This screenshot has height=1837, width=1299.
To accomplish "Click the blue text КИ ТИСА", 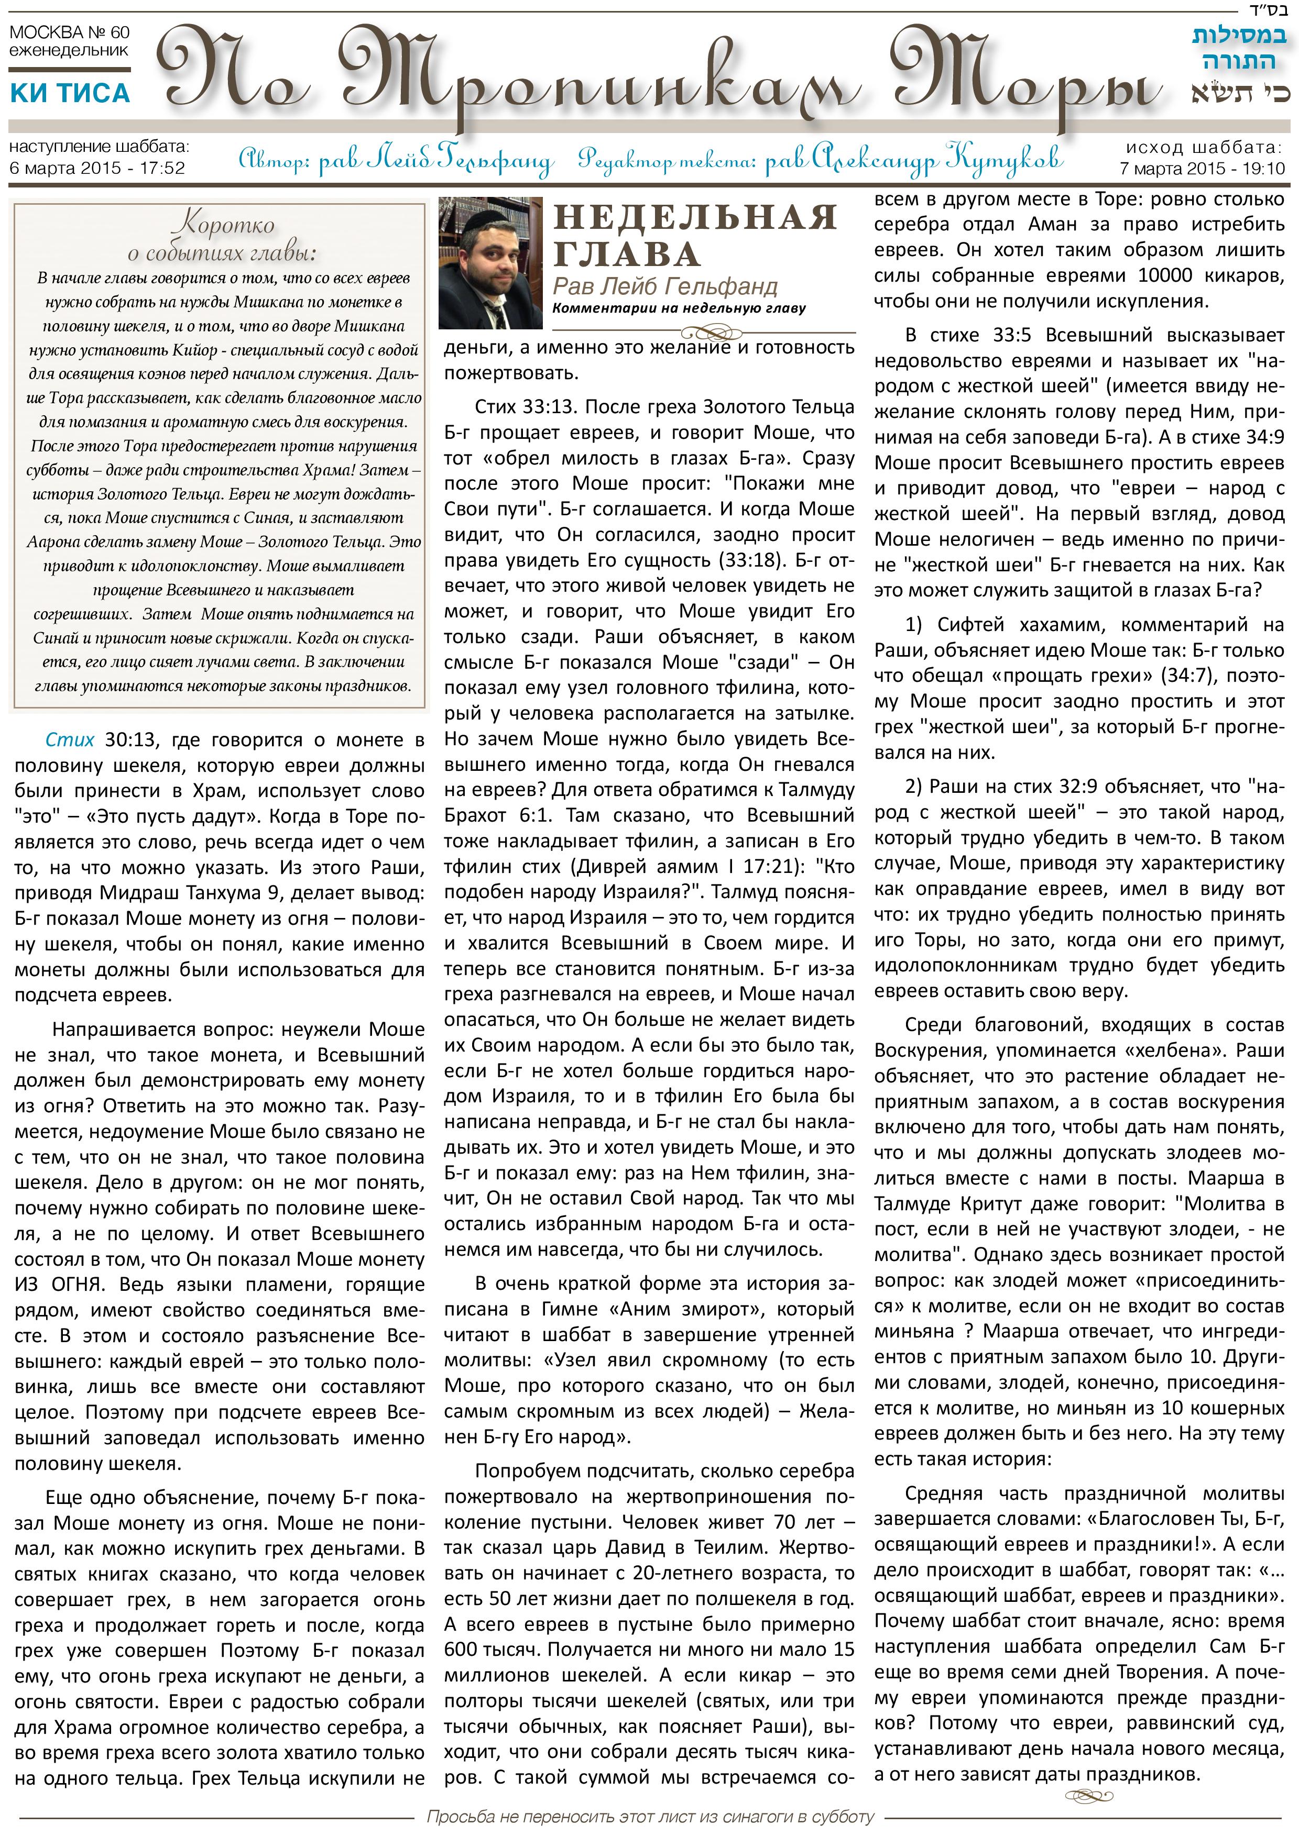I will point(70,94).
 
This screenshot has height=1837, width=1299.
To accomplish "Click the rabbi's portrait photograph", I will point(490,263).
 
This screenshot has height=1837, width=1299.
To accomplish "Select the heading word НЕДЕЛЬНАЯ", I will point(695,218).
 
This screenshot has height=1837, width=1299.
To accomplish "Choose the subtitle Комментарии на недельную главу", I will point(679,308).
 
